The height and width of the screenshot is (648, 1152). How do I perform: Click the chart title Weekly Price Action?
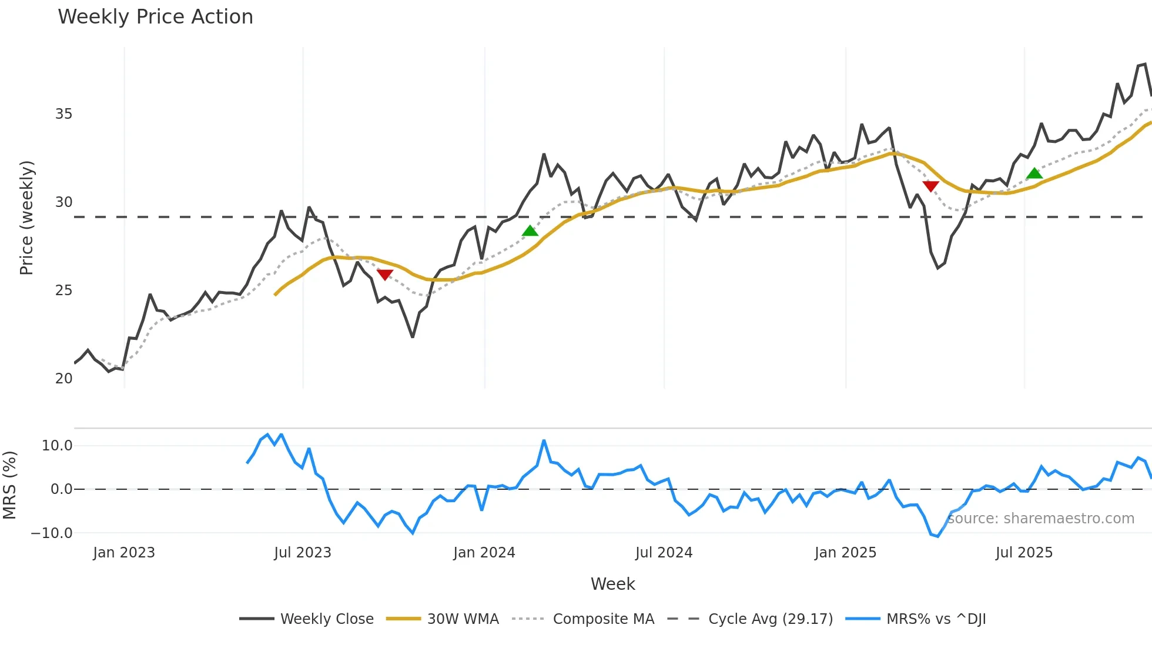[155, 17]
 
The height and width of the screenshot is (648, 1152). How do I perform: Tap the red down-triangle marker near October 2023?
[385, 275]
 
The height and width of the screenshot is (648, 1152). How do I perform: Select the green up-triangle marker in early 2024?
[530, 231]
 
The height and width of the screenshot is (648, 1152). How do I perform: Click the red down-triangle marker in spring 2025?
[931, 186]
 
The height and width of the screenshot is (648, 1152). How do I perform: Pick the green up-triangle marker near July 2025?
[1034, 173]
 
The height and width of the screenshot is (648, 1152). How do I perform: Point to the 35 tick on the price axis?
[63, 114]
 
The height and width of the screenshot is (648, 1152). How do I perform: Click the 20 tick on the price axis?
[63, 379]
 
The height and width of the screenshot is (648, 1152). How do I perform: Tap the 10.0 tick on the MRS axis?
[57, 446]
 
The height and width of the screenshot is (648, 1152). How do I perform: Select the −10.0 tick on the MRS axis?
[52, 533]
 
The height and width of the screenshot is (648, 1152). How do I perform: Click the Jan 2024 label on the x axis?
[484, 553]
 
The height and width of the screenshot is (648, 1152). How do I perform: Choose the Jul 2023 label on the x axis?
[303, 553]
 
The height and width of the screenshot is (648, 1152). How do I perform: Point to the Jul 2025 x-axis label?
[1024, 553]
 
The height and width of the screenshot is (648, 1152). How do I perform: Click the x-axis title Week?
[612, 584]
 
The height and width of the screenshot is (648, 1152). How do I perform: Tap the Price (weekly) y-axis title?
[26, 218]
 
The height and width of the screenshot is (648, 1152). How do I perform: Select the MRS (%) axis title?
[9, 485]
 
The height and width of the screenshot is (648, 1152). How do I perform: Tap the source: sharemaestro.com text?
[1041, 519]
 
